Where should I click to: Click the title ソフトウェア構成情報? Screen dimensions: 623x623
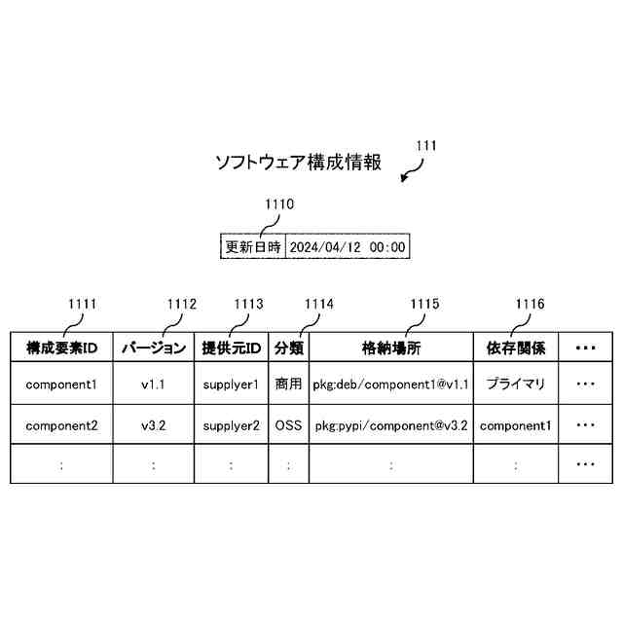click(298, 163)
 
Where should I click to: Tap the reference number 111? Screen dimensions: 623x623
click(425, 146)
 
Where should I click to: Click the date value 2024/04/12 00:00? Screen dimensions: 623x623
click(348, 247)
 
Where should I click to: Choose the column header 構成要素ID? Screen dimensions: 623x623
click(61, 348)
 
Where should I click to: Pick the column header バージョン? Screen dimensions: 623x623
click(153, 348)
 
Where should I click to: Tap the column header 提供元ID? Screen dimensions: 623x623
click(231, 348)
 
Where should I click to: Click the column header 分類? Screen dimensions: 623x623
click(289, 348)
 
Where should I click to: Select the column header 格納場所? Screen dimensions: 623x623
click(391, 348)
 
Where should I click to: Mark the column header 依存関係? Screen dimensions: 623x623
click(516, 348)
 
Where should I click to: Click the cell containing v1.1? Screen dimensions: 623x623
click(153, 385)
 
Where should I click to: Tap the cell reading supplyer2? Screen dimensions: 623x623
click(231, 425)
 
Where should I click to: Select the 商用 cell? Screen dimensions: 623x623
click(289, 385)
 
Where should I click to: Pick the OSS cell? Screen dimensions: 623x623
click(289, 425)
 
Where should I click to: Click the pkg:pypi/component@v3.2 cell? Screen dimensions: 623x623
click(391, 425)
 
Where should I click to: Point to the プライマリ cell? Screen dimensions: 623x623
click(516, 385)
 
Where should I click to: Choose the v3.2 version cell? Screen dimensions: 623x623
click(153, 425)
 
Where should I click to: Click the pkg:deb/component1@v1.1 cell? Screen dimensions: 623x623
click(391, 385)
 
